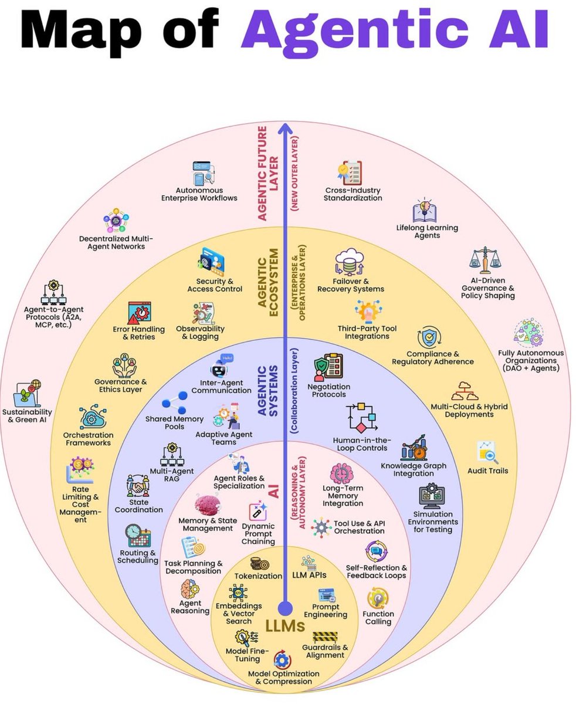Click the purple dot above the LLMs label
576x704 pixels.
coord(285,607)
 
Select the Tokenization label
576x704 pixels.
coord(259,576)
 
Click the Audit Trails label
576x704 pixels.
coord(488,471)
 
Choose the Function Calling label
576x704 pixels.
coord(378,617)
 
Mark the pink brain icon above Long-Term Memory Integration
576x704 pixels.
coord(341,473)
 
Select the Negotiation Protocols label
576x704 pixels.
coord(329,390)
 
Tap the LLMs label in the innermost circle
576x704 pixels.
coord(285,626)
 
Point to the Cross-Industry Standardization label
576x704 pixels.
coord(353,194)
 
